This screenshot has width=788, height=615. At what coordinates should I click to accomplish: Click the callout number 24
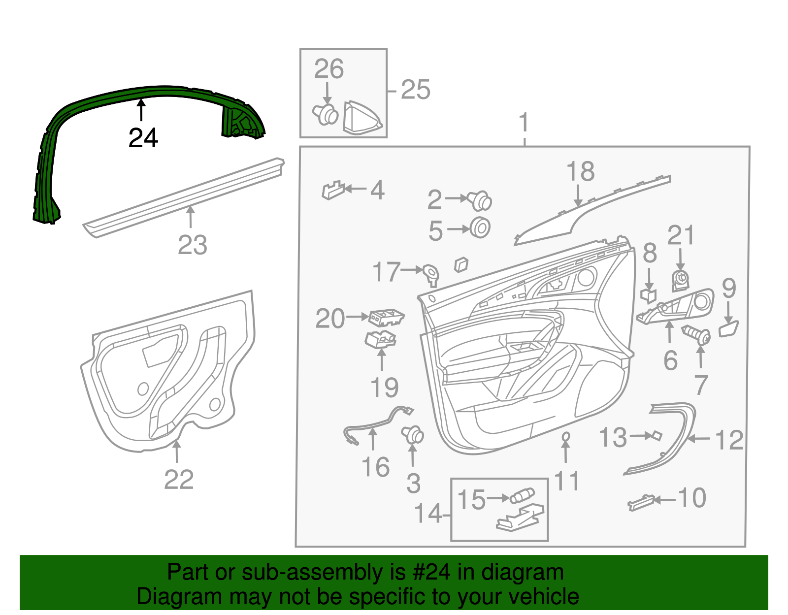tap(143, 138)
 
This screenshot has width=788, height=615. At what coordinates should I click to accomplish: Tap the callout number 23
tap(193, 245)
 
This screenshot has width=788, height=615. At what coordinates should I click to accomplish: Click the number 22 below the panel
tap(179, 480)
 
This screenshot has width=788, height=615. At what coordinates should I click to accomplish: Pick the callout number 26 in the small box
tap(329, 69)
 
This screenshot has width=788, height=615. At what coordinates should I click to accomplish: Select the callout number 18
tap(580, 171)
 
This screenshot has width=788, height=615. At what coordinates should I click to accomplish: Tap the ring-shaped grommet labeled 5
tap(480, 228)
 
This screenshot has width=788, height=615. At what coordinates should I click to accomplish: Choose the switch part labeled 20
tap(387, 317)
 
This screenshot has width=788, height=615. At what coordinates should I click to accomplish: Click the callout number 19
tap(385, 388)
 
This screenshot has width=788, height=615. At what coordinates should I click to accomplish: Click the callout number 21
tap(681, 235)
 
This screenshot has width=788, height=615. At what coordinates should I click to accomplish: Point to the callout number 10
tap(692, 498)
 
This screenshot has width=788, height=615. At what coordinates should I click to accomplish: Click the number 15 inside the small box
tap(471, 499)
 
